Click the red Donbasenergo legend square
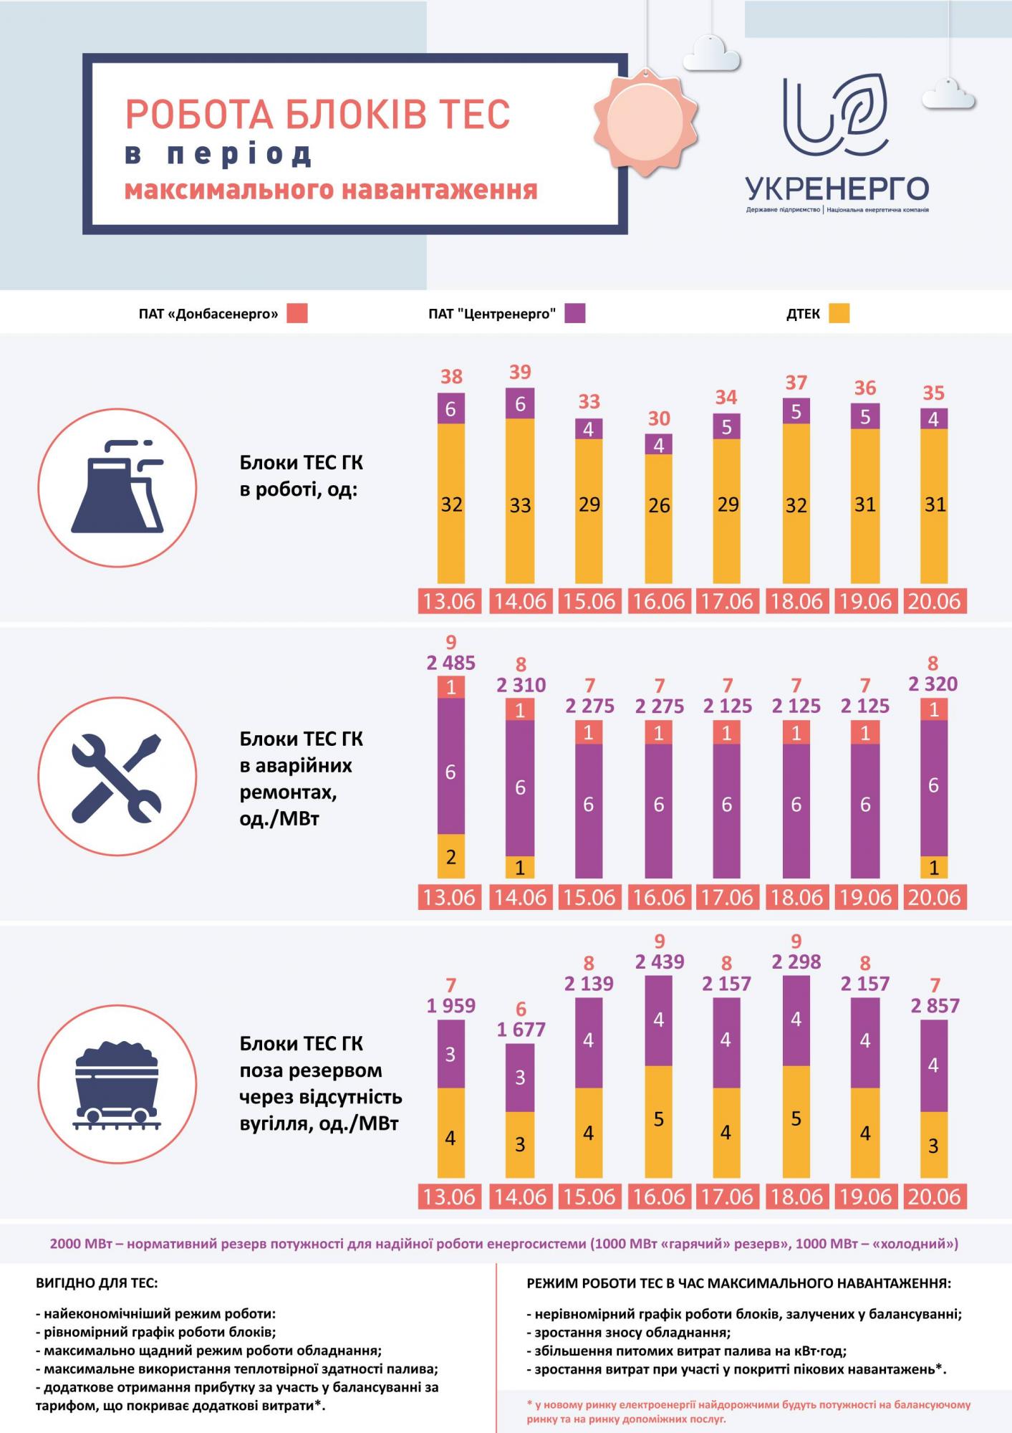tap(297, 313)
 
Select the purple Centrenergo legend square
tap(574, 313)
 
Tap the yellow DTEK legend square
tap(839, 313)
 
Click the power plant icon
tap(117, 488)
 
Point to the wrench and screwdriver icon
tap(117, 776)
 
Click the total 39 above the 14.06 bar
tap(520, 372)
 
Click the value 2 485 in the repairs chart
tap(450, 663)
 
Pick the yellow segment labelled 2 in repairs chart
tap(450, 856)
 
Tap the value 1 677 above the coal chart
tap(521, 1030)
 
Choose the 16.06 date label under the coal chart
tap(659, 1197)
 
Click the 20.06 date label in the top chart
tap(934, 600)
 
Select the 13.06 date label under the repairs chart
tap(450, 897)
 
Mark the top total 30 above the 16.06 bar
tap(659, 418)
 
